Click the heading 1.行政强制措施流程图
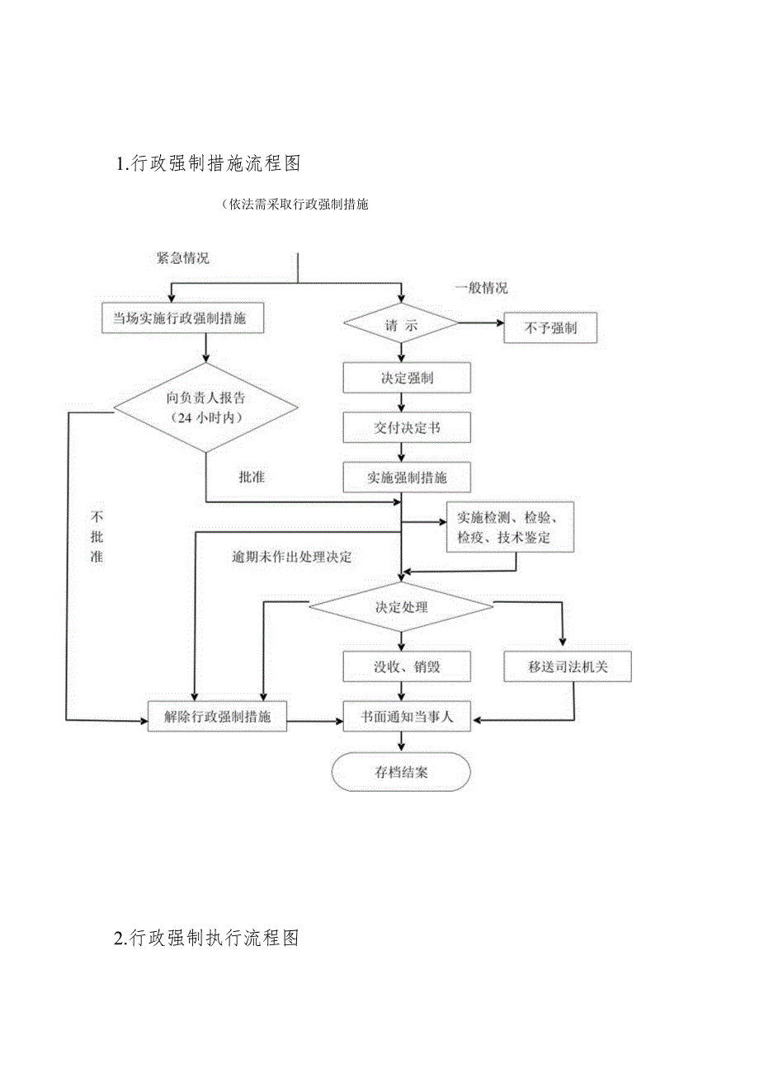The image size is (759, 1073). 209,163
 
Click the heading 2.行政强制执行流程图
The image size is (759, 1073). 207,938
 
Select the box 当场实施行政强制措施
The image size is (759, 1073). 182,318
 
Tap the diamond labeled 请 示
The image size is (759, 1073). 401,326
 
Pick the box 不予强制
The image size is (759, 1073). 549,327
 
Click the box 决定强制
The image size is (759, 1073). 407,379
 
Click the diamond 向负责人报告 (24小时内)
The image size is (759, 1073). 205,407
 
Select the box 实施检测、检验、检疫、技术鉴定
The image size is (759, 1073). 509,528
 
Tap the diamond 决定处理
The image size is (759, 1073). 401,607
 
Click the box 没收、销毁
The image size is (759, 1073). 407,666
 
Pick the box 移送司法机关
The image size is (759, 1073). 568,666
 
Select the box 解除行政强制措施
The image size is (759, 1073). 217,716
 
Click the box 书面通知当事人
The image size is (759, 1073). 407,718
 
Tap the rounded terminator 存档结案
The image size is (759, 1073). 401,773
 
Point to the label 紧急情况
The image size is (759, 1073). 183,257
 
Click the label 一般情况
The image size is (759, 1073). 482,288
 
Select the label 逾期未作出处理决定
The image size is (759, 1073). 291,557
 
